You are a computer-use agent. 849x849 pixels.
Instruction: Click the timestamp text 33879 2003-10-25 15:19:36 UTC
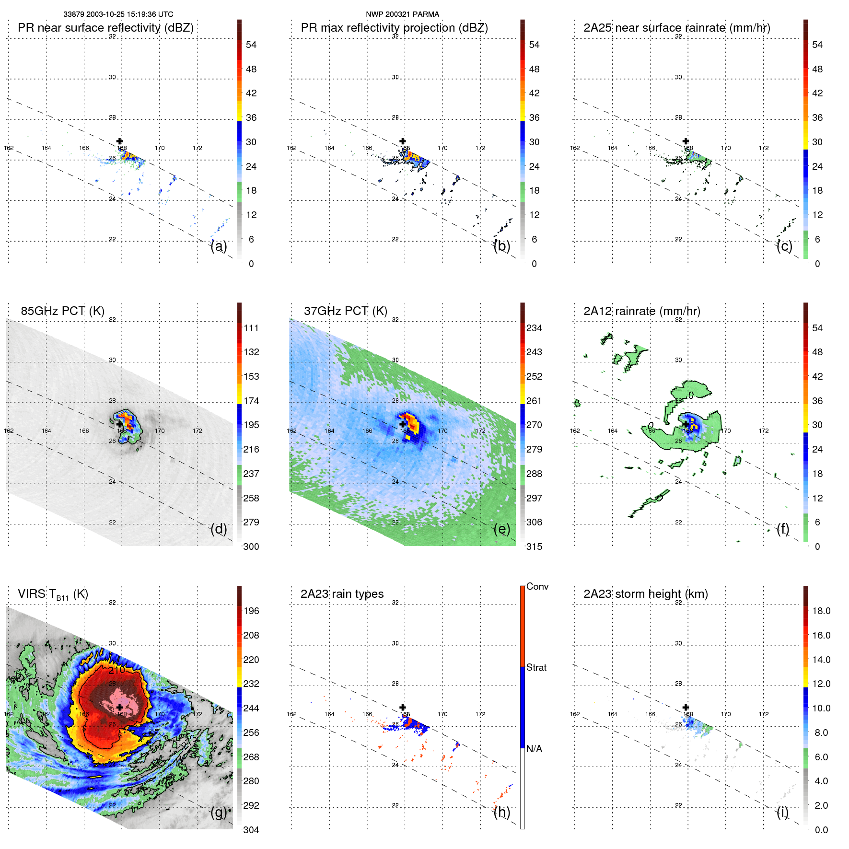[x=118, y=14]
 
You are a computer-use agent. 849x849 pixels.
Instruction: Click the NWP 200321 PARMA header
[x=402, y=14]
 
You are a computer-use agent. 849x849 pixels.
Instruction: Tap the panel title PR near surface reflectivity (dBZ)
[x=105, y=28]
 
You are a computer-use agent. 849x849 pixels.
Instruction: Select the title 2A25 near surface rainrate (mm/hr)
[x=676, y=28]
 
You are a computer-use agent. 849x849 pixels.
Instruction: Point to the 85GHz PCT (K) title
[x=62, y=311]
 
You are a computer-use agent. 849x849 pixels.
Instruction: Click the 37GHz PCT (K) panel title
[x=345, y=311]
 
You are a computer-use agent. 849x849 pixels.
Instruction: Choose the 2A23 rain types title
[x=342, y=594]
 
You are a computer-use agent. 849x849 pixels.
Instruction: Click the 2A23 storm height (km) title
[x=645, y=594]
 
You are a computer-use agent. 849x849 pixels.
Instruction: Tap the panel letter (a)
[x=219, y=246]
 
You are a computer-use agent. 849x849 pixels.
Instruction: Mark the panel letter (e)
[x=501, y=529]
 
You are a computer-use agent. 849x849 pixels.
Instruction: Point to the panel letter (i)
[x=782, y=812]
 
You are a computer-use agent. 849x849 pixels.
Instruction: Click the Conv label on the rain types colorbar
[x=537, y=587]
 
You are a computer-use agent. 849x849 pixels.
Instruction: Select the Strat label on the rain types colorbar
[x=536, y=668]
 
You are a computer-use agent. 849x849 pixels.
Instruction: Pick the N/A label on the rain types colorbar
[x=534, y=749]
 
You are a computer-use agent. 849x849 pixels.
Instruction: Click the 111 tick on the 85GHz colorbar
[x=251, y=328]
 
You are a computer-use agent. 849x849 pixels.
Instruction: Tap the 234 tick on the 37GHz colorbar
[x=534, y=328]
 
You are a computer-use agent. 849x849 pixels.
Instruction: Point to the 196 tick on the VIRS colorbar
[x=251, y=611]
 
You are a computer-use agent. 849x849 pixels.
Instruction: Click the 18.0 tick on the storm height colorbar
[x=821, y=611]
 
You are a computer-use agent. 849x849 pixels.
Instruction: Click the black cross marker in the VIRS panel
[x=119, y=708]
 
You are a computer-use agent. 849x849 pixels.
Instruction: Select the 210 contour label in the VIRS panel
[x=116, y=670]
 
